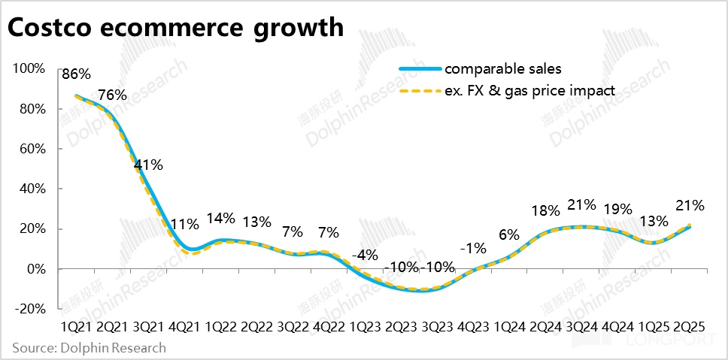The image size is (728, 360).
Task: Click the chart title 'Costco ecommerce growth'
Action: click(x=175, y=28)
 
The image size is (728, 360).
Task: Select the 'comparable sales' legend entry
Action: click(x=502, y=69)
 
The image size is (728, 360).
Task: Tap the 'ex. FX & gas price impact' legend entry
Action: click(x=529, y=90)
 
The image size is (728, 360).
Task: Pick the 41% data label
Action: click(x=147, y=165)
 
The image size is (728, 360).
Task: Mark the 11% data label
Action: click(x=184, y=223)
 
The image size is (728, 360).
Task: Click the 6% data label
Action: click(x=508, y=234)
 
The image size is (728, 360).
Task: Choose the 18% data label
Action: click(x=544, y=211)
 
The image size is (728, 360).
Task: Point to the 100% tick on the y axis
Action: click(x=29, y=69)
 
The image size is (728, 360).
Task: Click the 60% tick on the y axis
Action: click(x=32, y=149)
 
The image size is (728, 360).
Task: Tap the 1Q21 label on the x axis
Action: click(x=76, y=327)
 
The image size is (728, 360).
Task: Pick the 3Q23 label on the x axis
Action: click(x=438, y=327)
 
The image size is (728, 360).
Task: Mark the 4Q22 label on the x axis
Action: click(x=329, y=327)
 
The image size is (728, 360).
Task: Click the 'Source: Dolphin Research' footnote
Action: click(x=89, y=348)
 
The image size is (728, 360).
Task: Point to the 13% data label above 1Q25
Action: click(x=654, y=221)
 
